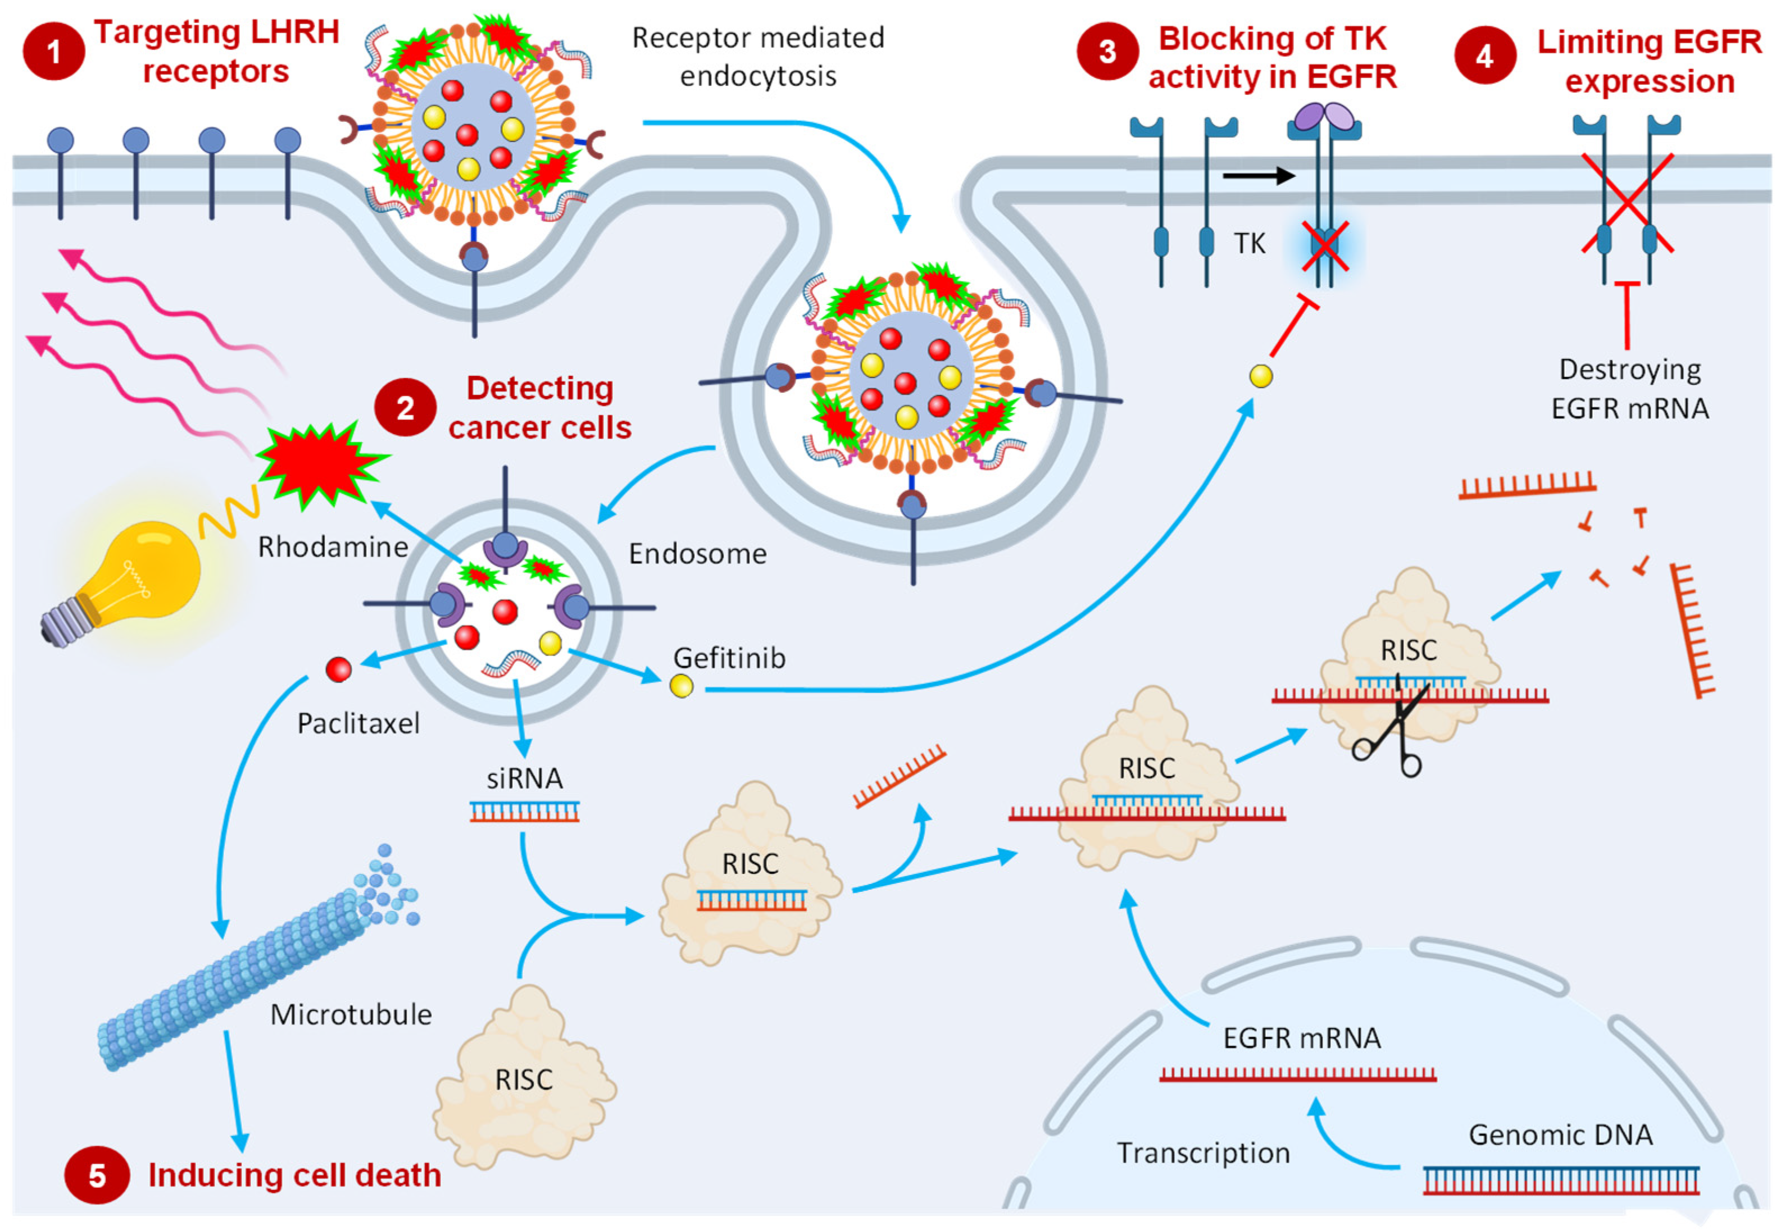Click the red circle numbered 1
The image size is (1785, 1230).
pyautogui.click(x=53, y=52)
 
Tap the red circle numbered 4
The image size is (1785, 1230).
pyautogui.click(x=1484, y=56)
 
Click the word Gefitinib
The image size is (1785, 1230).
pyautogui.click(x=729, y=657)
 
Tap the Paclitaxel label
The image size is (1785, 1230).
pyautogui.click(x=358, y=723)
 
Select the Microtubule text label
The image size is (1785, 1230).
pyautogui.click(x=351, y=1014)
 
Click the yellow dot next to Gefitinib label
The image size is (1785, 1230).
pyautogui.click(x=682, y=685)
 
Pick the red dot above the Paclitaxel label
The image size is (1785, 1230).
pyautogui.click(x=338, y=669)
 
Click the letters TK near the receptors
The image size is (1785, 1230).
pyautogui.click(x=1250, y=244)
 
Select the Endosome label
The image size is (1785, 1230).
pyautogui.click(x=697, y=553)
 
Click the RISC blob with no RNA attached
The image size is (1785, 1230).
pyautogui.click(x=524, y=1079)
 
